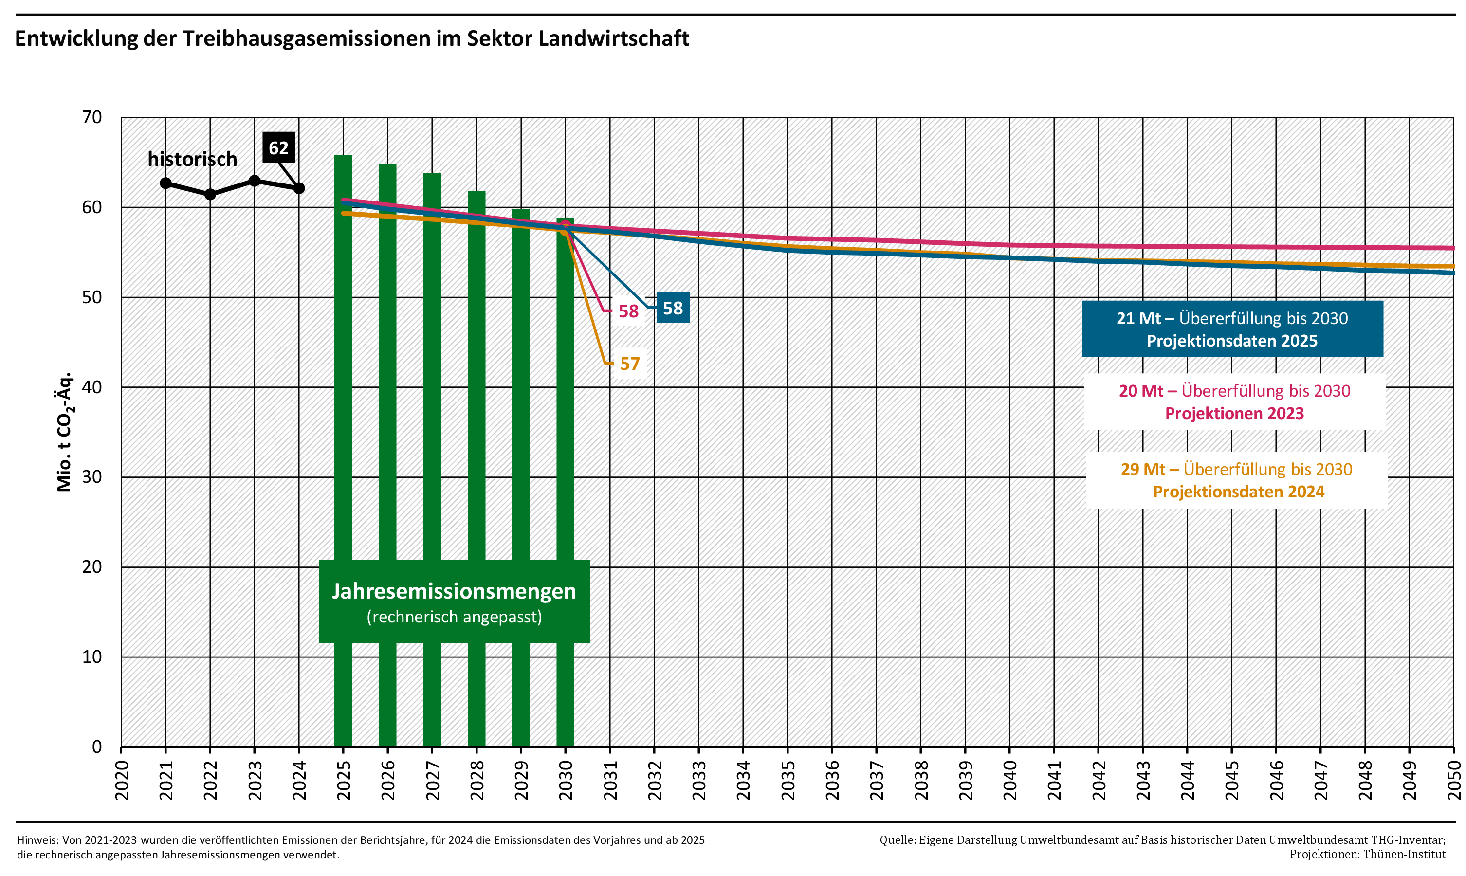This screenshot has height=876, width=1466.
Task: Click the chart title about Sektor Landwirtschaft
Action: [352, 38]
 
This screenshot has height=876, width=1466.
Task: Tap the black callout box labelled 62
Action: [278, 147]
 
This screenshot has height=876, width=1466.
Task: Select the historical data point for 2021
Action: [166, 183]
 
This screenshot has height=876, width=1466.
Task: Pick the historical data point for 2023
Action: [255, 181]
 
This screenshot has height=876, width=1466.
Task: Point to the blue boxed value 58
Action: [673, 308]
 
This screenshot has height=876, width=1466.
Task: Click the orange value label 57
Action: [630, 364]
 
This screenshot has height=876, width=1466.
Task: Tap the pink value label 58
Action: [628, 311]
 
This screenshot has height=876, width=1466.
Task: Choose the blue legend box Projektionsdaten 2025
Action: [1232, 329]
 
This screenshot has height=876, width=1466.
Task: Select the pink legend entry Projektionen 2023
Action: [1234, 401]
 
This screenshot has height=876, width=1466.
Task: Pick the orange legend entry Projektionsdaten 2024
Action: [1237, 480]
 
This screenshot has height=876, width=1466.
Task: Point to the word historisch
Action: [192, 159]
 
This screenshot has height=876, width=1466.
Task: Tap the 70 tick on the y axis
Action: [92, 117]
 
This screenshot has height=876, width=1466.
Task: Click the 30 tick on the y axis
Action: [92, 476]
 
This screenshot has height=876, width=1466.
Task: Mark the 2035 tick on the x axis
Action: [788, 781]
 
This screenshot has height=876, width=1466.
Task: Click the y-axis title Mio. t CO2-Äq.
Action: [65, 432]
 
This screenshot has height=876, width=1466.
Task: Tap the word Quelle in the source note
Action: [896, 840]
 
